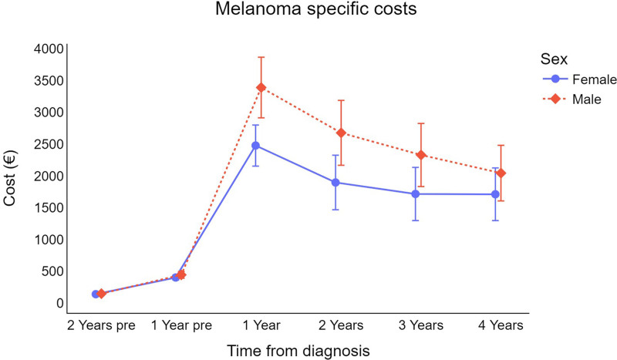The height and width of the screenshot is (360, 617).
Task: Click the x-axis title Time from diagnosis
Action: pyautogui.click(x=298, y=350)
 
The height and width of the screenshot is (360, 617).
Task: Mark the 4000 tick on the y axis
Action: pyautogui.click(x=47, y=49)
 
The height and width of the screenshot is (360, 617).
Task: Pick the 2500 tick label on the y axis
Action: pyautogui.click(x=47, y=144)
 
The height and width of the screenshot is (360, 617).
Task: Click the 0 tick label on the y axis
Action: pyautogui.click(x=58, y=303)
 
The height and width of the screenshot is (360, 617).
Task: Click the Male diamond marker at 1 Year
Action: pyautogui.click(x=261, y=87)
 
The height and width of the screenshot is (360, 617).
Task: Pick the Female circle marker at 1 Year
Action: pyautogui.click(x=256, y=145)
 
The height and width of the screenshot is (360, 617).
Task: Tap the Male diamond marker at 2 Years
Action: pyautogui.click(x=342, y=133)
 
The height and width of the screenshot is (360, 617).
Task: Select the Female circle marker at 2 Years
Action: pyautogui.click(x=335, y=183)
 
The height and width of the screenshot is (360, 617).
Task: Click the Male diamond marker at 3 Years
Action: pyautogui.click(x=421, y=155)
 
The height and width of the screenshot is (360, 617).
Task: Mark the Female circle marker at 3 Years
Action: pyautogui.click(x=416, y=194)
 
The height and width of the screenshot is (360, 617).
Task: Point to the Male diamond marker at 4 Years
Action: pyautogui.click(x=501, y=173)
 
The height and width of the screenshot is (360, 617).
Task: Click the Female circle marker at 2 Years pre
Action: pyautogui.click(x=96, y=294)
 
